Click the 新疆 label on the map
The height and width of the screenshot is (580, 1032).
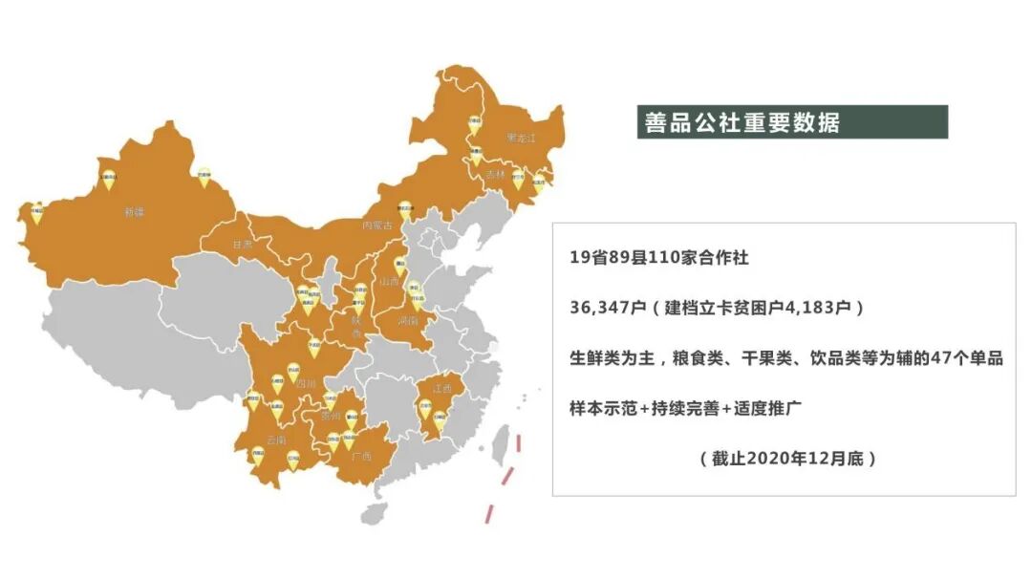click(133, 211)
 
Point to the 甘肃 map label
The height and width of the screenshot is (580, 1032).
click(243, 245)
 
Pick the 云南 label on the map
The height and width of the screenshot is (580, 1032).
click(276, 440)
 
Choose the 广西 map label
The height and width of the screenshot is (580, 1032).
click(361, 457)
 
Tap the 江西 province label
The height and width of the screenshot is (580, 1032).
click(441, 389)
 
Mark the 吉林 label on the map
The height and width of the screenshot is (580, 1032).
click(494, 175)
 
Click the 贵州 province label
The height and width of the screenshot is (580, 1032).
click(330, 417)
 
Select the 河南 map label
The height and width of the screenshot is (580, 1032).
click(408, 321)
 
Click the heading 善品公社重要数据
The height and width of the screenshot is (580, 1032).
click(742, 123)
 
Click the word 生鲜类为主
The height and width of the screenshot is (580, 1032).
click(610, 357)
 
